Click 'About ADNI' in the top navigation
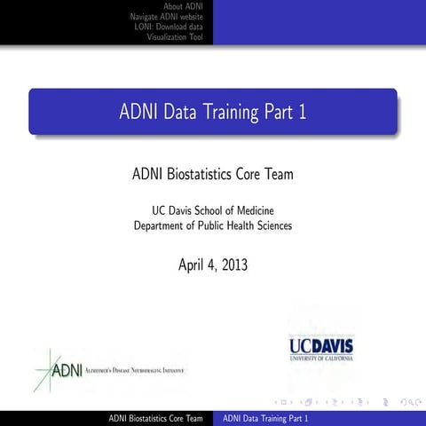(x=184, y=6)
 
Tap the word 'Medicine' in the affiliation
(x=250, y=209)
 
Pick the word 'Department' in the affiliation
(x=161, y=225)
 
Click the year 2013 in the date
(x=233, y=264)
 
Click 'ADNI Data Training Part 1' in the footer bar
(x=265, y=418)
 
